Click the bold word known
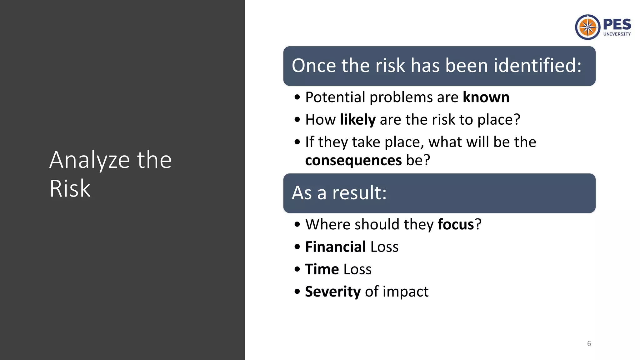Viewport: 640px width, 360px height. pyautogui.click(x=486, y=97)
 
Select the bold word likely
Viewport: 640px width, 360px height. pyautogui.click(x=357, y=120)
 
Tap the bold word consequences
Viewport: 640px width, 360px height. pyautogui.click(x=353, y=161)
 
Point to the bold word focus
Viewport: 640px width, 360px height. pyautogui.click(x=456, y=224)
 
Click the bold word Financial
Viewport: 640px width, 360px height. pyautogui.click(x=335, y=247)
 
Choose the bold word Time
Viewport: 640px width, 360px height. pyautogui.click(x=322, y=269)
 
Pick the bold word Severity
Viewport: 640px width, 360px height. pyautogui.click(x=332, y=292)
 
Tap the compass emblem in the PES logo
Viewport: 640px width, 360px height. pyautogui.click(x=587, y=27)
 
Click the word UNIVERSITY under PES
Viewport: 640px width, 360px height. pyautogui.click(x=617, y=34)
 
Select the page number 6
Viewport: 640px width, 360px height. pyautogui.click(x=589, y=344)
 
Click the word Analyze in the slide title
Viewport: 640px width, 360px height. pyautogui.click(x=89, y=160)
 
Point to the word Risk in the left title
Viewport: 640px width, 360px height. pyautogui.click(x=70, y=188)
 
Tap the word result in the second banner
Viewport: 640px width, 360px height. pyautogui.click(x=359, y=193)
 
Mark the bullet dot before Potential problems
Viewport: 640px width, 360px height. pyautogui.click(x=297, y=97)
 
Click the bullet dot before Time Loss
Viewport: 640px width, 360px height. pyautogui.click(x=297, y=269)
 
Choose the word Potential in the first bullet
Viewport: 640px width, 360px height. pyautogui.click(x=335, y=97)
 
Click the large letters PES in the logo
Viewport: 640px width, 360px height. pyautogui.click(x=617, y=24)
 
